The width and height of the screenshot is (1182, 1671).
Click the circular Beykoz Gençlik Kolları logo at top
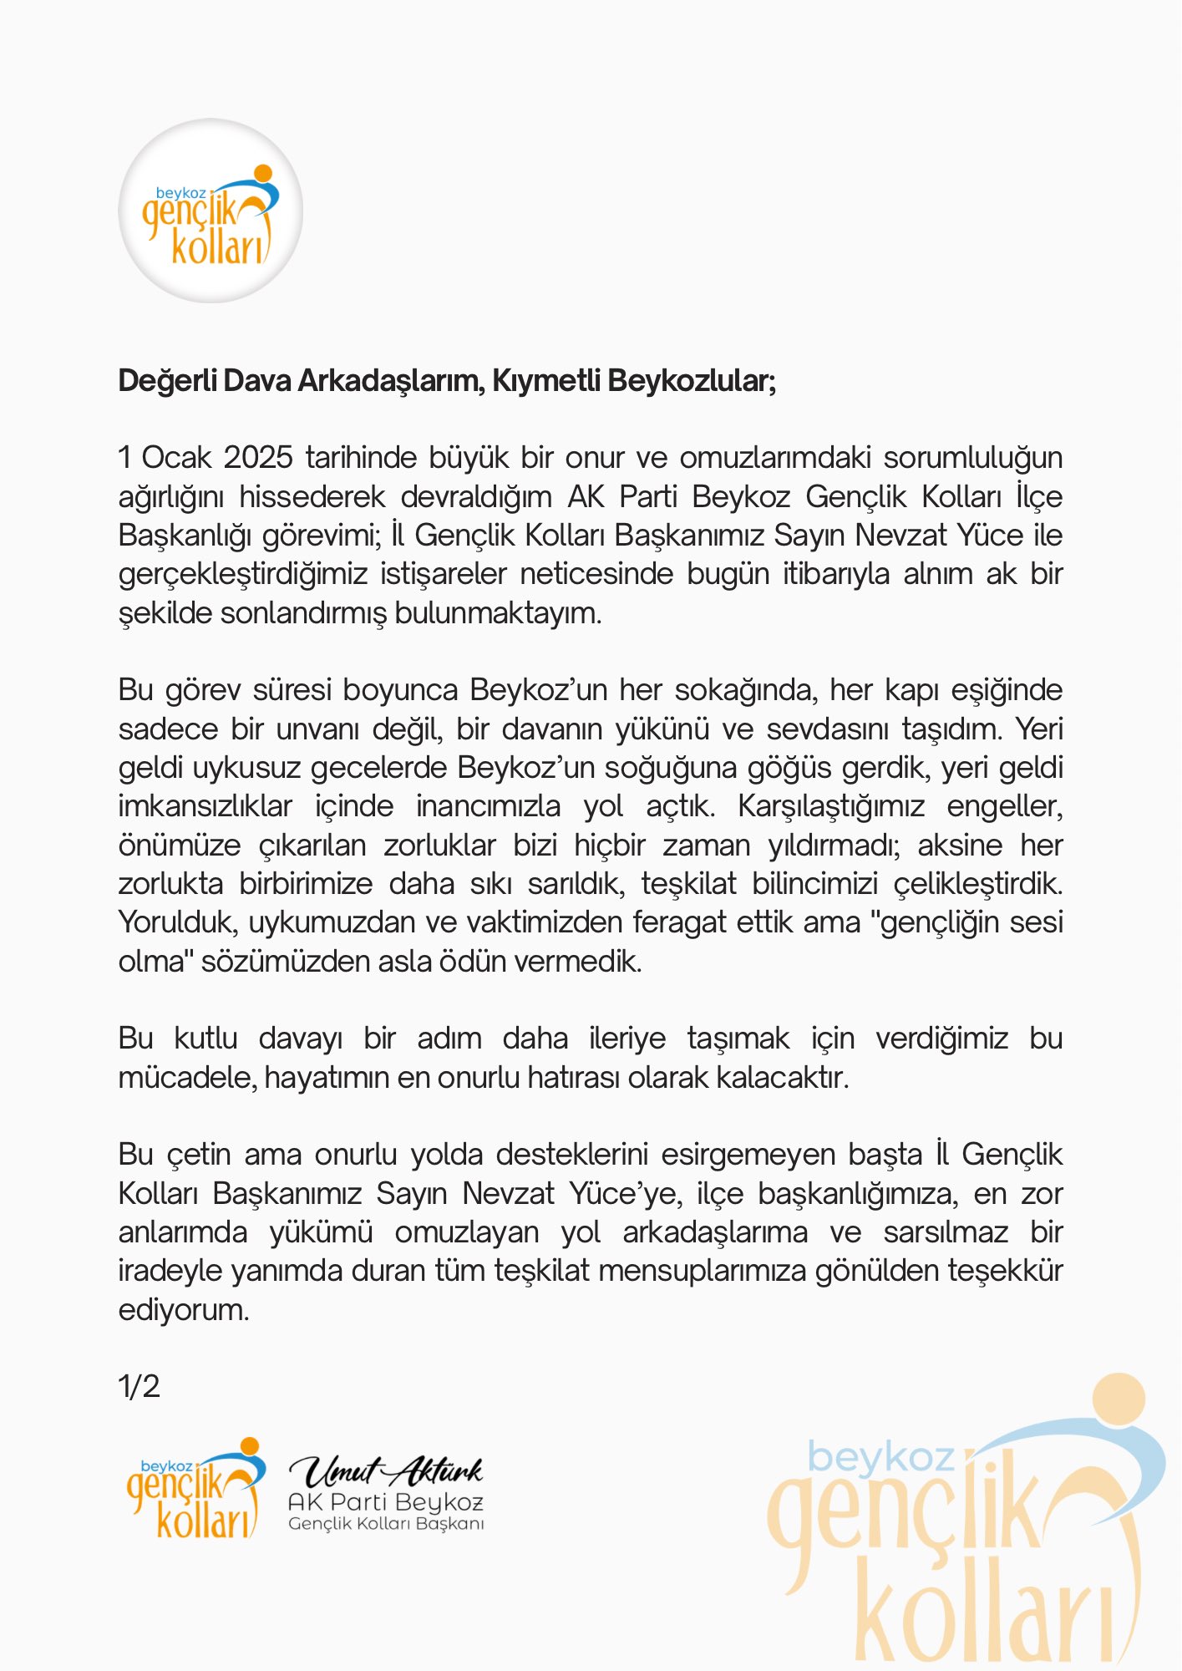(211, 211)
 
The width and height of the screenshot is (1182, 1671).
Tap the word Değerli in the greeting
(163, 381)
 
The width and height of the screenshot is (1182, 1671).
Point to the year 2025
(258, 458)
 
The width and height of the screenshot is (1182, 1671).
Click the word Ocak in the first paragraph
(176, 458)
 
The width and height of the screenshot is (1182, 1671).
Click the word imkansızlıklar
(205, 806)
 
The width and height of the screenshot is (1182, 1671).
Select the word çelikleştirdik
(978, 884)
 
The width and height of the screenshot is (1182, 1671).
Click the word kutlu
(205, 1039)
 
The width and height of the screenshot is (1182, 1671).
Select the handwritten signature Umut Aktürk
(386, 1470)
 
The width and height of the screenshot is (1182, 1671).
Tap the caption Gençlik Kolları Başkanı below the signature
(386, 1524)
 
